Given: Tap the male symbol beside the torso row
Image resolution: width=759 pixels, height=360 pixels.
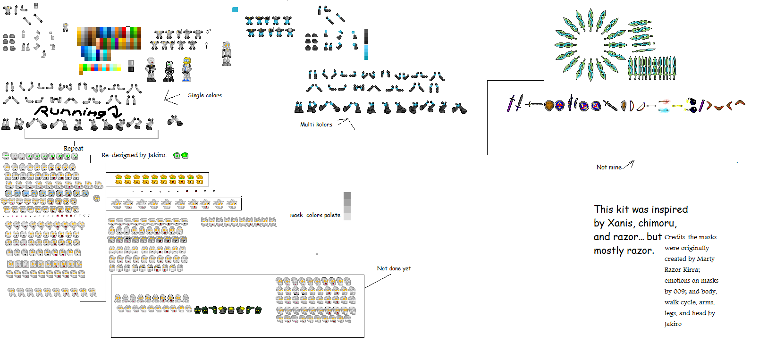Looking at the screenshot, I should click(208, 31).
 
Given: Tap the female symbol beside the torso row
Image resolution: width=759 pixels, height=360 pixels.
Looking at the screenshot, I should click(206, 45).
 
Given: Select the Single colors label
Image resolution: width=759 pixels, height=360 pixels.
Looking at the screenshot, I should click(204, 95).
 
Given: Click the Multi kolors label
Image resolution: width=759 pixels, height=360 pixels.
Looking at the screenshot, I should click(316, 125).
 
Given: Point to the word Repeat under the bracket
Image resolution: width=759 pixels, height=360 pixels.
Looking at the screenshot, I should click(73, 148).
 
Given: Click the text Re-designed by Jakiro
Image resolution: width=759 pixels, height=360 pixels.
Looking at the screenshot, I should click(134, 155).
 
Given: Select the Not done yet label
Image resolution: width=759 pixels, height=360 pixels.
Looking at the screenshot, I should click(394, 268).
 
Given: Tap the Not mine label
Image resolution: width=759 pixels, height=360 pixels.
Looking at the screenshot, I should click(608, 167).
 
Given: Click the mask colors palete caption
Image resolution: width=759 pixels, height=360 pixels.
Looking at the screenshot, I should click(315, 215).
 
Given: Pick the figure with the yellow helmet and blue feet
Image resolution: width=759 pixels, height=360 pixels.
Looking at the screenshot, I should click(187, 69).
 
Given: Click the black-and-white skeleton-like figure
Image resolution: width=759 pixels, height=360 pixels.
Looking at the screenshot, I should click(169, 71).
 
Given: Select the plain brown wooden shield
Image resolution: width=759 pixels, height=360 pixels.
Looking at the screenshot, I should click(548, 105).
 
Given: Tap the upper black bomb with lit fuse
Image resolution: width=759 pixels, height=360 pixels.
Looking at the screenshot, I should click(691, 101).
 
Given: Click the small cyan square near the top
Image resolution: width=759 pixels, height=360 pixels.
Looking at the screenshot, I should click(235, 9).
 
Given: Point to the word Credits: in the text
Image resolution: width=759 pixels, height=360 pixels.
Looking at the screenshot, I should click(675, 237).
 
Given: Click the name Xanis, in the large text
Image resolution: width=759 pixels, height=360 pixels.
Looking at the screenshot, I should click(620, 223).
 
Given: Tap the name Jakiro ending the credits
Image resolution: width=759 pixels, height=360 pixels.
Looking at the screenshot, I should click(673, 324).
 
